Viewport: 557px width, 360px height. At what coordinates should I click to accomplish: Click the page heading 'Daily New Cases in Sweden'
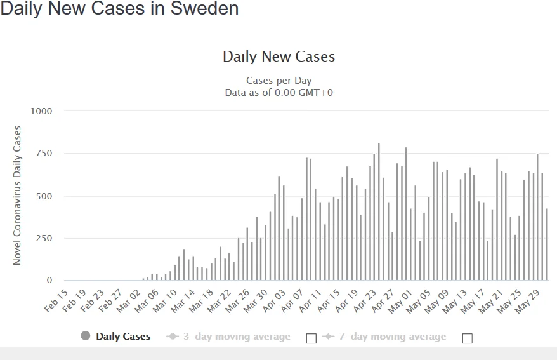point(120,10)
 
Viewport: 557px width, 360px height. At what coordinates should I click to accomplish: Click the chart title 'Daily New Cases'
point(278,57)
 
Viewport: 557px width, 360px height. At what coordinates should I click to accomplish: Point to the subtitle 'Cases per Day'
point(278,81)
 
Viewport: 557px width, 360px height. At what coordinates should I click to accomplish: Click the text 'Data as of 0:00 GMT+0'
point(278,93)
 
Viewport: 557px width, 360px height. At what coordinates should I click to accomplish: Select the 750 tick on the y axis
point(44,154)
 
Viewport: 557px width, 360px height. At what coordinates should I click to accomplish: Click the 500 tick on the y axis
point(44,196)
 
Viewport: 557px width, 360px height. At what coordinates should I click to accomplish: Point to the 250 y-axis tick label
point(44,238)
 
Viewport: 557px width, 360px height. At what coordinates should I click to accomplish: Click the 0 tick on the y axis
point(49,281)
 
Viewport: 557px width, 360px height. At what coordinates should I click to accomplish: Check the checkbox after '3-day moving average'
point(311,338)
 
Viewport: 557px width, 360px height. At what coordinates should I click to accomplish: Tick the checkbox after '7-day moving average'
point(468,338)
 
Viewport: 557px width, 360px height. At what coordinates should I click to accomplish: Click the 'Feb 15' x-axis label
point(56,301)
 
